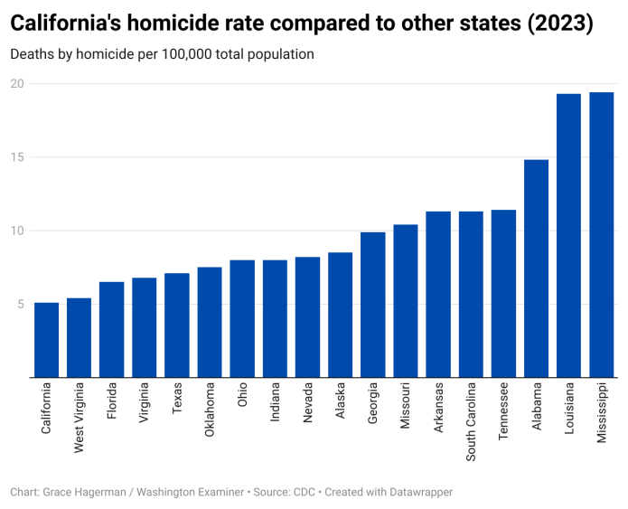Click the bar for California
click(x=46, y=340)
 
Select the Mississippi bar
click(x=601, y=235)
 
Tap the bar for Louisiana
click(x=568, y=235)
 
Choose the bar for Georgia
click(x=373, y=305)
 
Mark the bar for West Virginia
click(x=79, y=337)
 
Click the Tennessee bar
click(x=503, y=294)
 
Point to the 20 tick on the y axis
click(x=17, y=84)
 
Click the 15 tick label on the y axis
click(x=17, y=157)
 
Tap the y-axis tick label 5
click(x=20, y=305)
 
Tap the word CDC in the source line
click(x=305, y=493)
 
